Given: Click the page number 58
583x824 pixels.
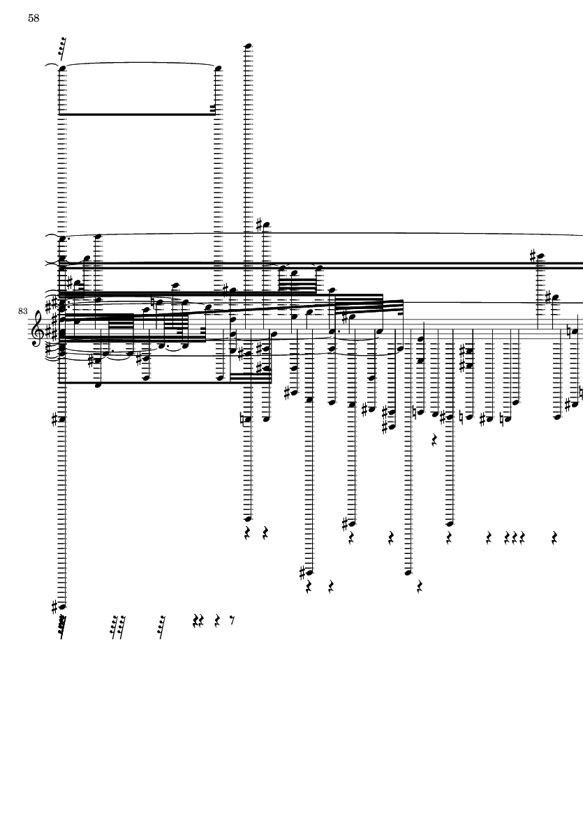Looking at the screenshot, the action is [x=34, y=18].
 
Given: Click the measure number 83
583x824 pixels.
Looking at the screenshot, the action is [x=22, y=311].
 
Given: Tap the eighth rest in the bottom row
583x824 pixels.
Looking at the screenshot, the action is [x=232, y=621].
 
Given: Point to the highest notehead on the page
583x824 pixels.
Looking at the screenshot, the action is [x=249, y=46].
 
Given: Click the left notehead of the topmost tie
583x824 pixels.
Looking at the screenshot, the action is [x=63, y=68].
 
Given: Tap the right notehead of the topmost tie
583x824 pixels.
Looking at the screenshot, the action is [x=218, y=68].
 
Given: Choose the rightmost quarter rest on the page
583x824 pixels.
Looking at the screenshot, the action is [x=554, y=538].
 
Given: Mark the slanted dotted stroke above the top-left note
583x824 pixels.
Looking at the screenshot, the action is [x=62, y=47].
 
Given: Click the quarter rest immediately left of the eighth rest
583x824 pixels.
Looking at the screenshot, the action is [x=217, y=621].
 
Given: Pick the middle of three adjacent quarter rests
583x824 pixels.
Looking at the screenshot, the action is [x=515, y=538].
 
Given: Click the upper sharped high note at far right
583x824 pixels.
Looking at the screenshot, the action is [x=540, y=257].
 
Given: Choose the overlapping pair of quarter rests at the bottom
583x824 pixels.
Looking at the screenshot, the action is [x=198, y=621].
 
